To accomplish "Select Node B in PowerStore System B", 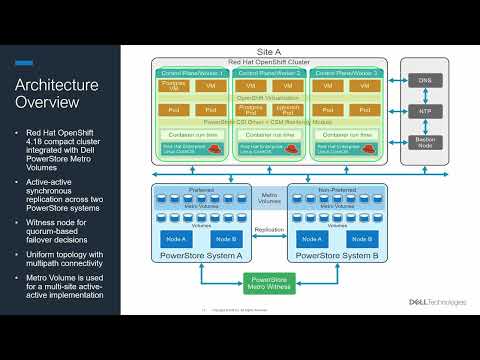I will click(x=350, y=240).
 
